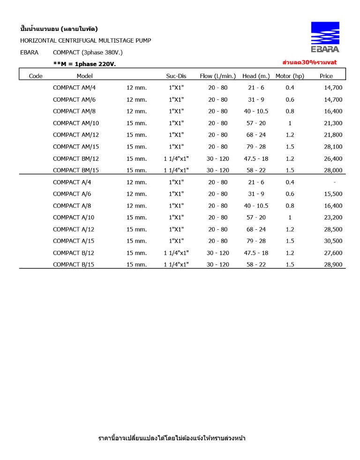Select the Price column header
[x=326, y=76]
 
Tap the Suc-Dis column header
[x=176, y=76]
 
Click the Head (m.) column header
[x=256, y=76]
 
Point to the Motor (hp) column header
[x=290, y=76]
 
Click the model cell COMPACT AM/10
[x=76, y=123]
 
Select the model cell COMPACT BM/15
[x=76, y=170]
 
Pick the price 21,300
[x=333, y=123]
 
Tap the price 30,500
[x=333, y=241]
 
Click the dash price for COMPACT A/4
[x=334, y=182]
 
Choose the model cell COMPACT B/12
[x=74, y=253]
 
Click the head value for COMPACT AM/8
[x=256, y=112]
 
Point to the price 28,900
[x=333, y=264]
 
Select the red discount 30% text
[x=309, y=62]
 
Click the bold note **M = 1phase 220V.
[x=84, y=64]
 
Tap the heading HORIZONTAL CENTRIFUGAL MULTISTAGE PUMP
[x=85, y=41]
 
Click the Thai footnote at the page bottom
[x=172, y=438]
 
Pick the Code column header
[x=36, y=76]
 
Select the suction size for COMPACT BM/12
[x=176, y=158]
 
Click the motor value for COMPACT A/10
[x=290, y=218]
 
